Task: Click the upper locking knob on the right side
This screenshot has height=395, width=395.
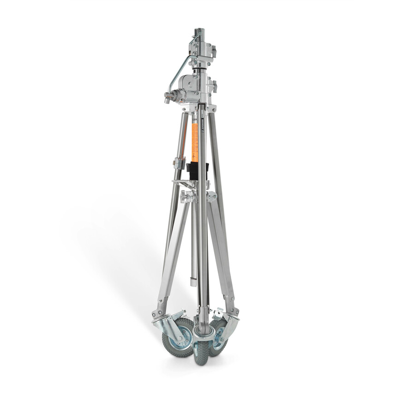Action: [213, 50]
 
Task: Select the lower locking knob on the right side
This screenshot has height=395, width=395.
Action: [214, 86]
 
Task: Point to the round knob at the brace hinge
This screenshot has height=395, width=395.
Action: [186, 196]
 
